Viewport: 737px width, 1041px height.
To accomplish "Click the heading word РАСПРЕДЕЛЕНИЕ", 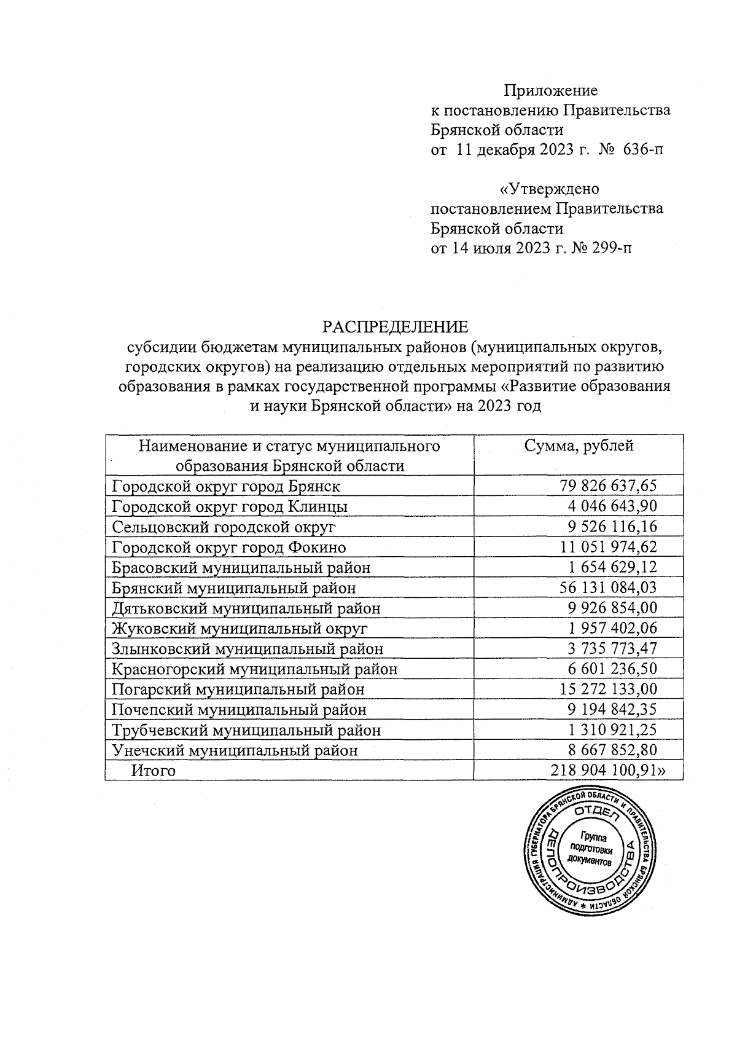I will coord(396,326).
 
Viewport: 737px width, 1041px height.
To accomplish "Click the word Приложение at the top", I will coord(550,91).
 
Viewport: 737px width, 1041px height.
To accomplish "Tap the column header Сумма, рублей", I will coord(578,446).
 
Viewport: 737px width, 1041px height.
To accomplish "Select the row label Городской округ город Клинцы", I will coord(230,506).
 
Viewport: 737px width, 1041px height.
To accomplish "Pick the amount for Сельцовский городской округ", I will coord(612,527).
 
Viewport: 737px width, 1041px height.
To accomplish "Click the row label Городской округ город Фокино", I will coord(228,547).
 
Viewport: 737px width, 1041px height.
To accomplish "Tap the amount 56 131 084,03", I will coord(608,587).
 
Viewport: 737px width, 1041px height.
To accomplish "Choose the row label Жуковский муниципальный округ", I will coord(240,628).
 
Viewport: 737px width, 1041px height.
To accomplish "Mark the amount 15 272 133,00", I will coord(608,689).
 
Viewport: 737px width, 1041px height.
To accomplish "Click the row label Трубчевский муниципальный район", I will coord(246,729).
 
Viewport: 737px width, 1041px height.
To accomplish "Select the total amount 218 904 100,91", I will coord(608,770).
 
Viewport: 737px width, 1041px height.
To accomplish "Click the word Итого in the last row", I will coord(154,771).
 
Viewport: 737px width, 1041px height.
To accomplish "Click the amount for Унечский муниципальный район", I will coord(612,750).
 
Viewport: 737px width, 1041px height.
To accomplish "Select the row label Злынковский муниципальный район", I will coord(247,648).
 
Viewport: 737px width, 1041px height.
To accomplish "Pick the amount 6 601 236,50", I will coord(612,669).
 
